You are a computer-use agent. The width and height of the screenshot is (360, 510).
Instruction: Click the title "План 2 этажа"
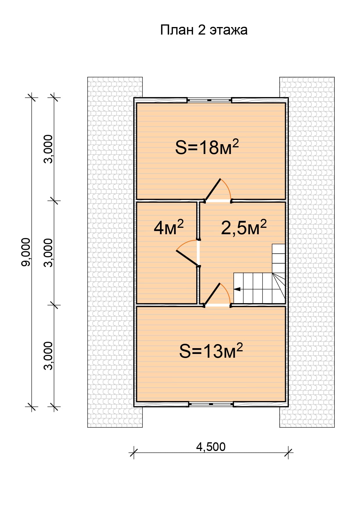(204, 30)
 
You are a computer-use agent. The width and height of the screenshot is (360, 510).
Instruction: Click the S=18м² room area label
(207, 147)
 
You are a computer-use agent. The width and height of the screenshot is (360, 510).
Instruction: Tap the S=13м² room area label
(211, 351)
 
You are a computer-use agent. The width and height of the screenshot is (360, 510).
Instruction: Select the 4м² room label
(169, 227)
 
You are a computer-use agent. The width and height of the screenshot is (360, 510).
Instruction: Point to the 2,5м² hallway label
(244, 227)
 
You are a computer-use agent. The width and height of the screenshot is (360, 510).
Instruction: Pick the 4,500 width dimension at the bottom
(211, 447)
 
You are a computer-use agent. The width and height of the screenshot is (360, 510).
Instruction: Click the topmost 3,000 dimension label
(48, 149)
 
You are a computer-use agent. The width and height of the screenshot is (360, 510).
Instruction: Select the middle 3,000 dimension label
(48, 253)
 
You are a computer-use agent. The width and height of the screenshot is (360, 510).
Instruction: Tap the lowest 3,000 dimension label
(48, 355)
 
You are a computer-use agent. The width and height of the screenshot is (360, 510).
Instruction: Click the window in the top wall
(209, 100)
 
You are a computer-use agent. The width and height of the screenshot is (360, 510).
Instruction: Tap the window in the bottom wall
(211, 404)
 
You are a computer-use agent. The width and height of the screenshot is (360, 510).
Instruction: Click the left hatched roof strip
(115, 252)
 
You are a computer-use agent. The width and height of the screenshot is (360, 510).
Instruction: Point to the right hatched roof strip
(307, 252)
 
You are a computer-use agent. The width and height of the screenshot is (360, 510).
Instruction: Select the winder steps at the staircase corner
(279, 288)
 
